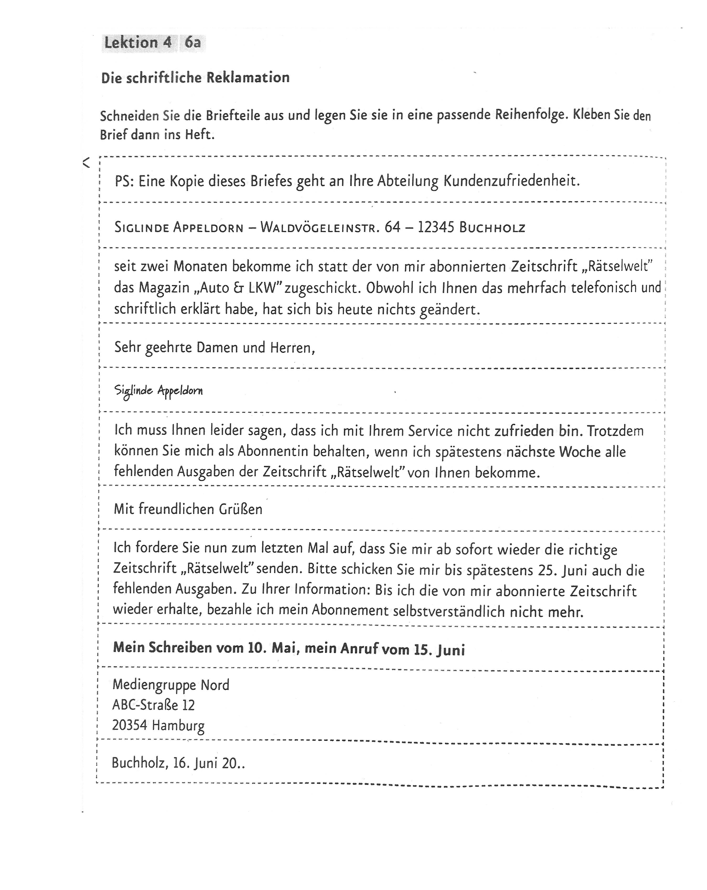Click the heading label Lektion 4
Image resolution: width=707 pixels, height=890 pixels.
click(x=138, y=42)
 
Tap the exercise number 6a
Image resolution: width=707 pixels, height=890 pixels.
click(x=193, y=42)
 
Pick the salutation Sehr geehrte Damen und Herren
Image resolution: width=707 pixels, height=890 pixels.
click(x=215, y=348)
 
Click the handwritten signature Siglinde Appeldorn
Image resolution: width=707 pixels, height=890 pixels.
click(x=159, y=391)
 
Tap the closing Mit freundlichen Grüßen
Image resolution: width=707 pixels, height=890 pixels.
click(x=188, y=509)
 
